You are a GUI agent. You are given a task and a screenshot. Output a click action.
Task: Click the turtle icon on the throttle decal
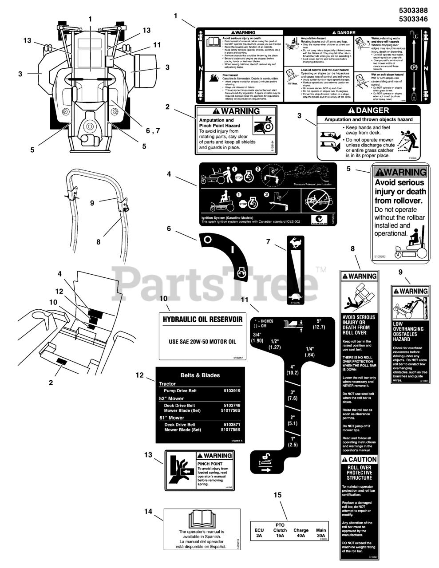click(293, 296)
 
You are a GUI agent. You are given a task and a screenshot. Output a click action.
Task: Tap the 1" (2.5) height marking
click(293, 442)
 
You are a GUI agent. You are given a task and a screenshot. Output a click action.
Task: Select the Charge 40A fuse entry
click(301, 533)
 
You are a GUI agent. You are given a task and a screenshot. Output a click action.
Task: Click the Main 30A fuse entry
click(320, 533)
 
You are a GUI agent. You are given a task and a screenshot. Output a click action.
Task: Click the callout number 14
click(148, 512)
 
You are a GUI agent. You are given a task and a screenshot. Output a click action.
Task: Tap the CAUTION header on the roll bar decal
click(360, 460)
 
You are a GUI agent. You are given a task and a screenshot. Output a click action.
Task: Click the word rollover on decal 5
click(400, 201)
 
